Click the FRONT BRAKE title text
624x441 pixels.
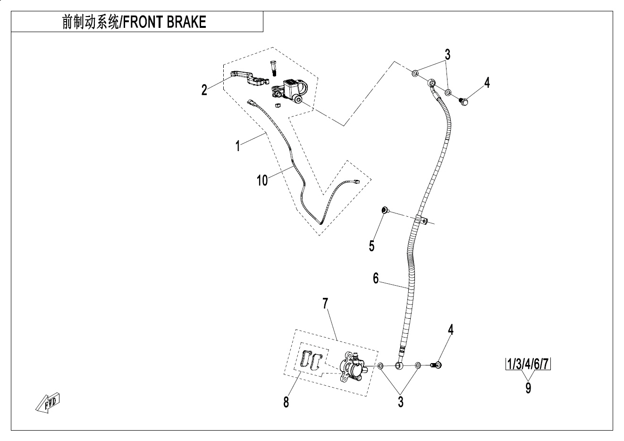135,22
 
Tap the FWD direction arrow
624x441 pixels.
49,402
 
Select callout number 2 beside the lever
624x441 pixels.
204,90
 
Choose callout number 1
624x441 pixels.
238,145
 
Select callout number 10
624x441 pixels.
262,180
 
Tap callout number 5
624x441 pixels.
372,246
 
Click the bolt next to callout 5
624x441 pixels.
384,210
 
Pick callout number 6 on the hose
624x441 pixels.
376,279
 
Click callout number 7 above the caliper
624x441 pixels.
325,303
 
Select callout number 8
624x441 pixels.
286,402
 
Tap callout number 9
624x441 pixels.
528,388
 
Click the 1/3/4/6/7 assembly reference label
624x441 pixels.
528,365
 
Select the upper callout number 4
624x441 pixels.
487,83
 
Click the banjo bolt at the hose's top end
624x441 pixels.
463,100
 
